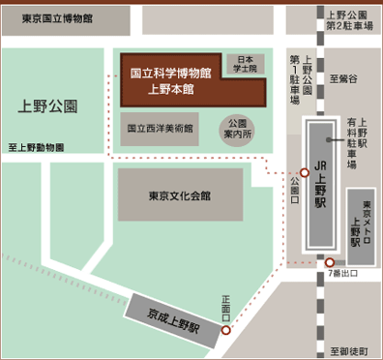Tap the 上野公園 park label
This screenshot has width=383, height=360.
click(46, 103)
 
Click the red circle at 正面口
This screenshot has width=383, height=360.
click(226, 330)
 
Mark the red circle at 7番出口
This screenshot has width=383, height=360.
click(330, 262)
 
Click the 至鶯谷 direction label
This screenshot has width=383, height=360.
click(343, 77)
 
